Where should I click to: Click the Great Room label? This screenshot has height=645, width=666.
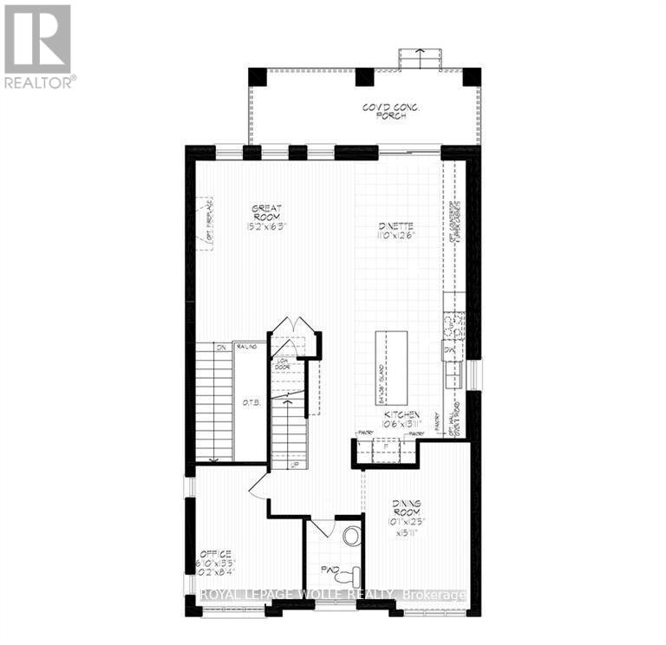(x=266, y=212)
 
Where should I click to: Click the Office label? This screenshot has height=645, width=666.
(x=214, y=553)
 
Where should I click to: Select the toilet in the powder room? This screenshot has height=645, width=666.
(x=349, y=574)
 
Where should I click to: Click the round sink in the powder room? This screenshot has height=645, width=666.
(x=352, y=536)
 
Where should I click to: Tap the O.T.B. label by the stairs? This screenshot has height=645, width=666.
(x=251, y=402)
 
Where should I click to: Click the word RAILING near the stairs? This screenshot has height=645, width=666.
(x=247, y=346)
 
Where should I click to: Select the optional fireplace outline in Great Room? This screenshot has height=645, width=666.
(x=205, y=224)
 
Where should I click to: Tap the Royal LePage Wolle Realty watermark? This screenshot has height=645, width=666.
(x=334, y=595)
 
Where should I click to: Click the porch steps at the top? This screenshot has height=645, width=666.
(x=418, y=57)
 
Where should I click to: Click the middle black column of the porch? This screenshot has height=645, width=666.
(x=365, y=76)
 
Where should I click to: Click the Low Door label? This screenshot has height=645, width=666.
(x=283, y=364)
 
